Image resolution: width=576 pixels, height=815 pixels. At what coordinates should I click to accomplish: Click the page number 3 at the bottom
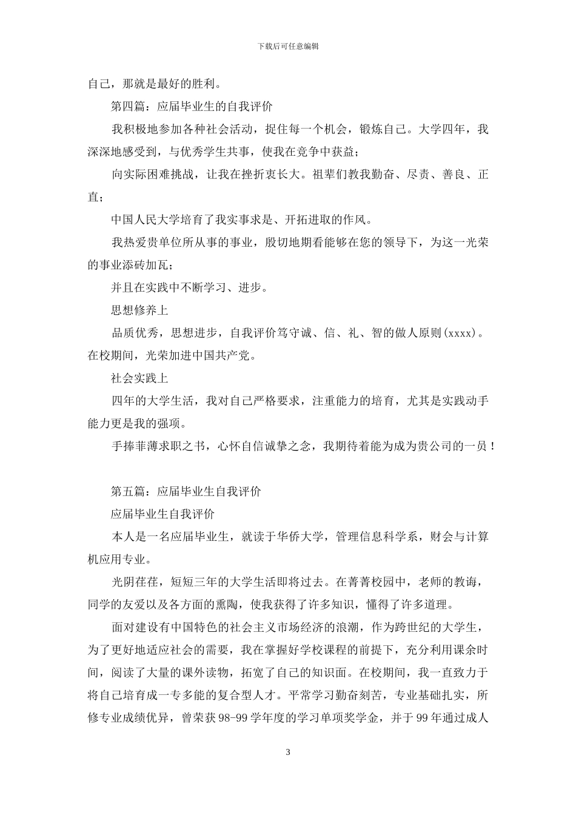pos(288,753)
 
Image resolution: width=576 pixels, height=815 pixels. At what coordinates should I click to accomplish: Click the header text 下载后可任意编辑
pos(288,46)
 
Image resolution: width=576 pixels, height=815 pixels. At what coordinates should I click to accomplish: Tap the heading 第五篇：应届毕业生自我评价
pos(186,491)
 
